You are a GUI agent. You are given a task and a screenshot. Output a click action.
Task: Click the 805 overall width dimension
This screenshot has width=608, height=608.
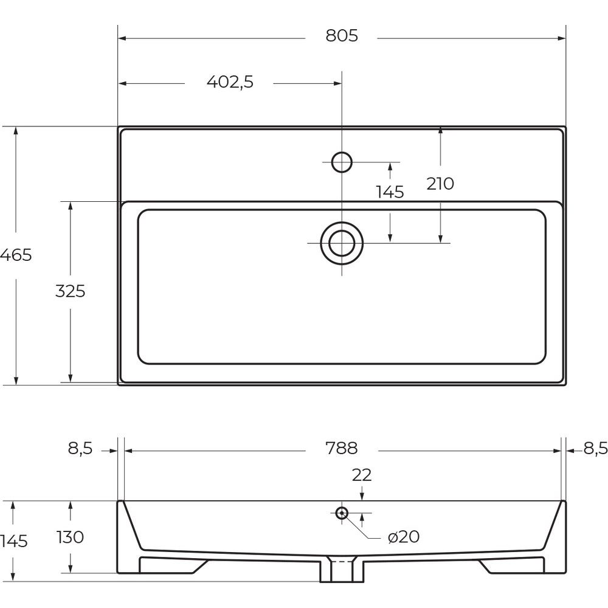coord(342,36)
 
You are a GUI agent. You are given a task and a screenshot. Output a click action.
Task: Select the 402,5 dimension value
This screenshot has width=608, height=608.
coord(230,82)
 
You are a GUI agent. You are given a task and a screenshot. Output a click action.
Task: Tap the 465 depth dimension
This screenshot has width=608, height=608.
coord(16,255)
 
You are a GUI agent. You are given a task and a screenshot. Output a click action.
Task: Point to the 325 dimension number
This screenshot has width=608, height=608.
coord(70,291)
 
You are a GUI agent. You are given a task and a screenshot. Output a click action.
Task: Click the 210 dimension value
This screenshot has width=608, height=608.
coord(440,184)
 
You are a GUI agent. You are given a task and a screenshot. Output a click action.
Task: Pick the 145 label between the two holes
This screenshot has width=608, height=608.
coord(390,192)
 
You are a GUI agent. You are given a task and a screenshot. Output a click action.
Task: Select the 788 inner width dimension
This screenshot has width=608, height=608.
coord(342,448)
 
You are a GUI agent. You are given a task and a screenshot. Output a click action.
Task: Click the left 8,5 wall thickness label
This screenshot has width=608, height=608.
coord(81,449)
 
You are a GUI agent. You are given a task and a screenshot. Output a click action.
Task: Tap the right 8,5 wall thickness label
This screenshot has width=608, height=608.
coord(596,449)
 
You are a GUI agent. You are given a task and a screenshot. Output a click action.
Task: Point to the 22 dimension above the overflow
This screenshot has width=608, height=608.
coord(362,475)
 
